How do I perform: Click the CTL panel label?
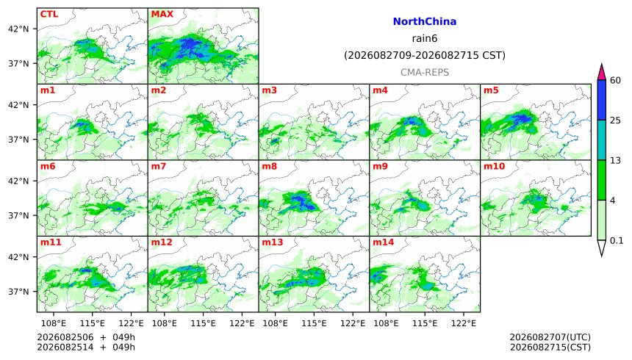pyautogui.click(x=49, y=14)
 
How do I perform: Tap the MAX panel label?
pyautogui.click(x=162, y=14)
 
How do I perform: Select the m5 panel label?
pyautogui.click(x=491, y=90)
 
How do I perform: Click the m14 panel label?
pyautogui.click(x=383, y=242)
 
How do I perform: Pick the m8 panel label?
pyautogui.click(x=269, y=166)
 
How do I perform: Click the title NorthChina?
pyautogui.click(x=425, y=22)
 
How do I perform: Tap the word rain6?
pyautogui.click(x=425, y=39)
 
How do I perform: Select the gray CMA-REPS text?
pyautogui.click(x=425, y=73)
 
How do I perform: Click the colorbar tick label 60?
pyautogui.click(x=615, y=81)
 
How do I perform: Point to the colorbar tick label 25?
pyautogui.click(x=615, y=120)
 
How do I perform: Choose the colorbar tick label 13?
pyautogui.click(x=615, y=160)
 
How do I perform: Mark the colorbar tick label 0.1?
pyautogui.click(x=617, y=241)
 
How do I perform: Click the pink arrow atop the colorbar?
pyautogui.click(x=601, y=73)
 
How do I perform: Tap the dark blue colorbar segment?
pyautogui.click(x=601, y=100)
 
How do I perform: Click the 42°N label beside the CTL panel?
pyautogui.click(x=18, y=29)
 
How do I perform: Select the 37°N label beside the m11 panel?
pyautogui.click(x=18, y=292)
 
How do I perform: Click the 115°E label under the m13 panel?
pyautogui.click(x=314, y=323)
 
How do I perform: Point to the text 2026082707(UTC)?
pyautogui.click(x=550, y=337)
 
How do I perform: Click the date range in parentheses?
pyautogui.click(x=425, y=55)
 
